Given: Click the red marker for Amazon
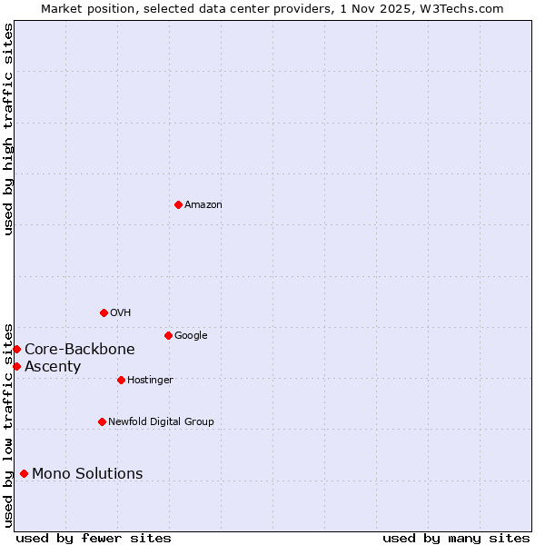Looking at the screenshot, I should click(x=178, y=204).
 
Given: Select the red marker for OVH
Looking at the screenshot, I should click(x=104, y=312).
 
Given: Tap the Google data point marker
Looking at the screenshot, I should click(x=168, y=335).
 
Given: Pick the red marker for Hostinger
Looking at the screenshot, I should click(x=121, y=380).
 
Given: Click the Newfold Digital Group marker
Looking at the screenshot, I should click(x=102, y=421).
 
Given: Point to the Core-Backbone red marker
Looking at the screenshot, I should click(x=16, y=349).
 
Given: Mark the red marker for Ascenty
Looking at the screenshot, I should click(x=16, y=366).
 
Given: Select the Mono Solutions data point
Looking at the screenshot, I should click(x=24, y=473).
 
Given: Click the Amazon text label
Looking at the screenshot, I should click(x=203, y=205).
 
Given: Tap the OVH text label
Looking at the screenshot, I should click(x=121, y=313).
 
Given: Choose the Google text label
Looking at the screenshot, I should click(x=191, y=336).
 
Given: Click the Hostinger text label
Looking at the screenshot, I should click(x=150, y=381).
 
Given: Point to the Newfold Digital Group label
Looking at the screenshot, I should click(x=161, y=422).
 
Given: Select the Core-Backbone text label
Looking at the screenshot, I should click(x=80, y=350).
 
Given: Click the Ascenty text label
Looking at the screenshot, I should click(x=53, y=367).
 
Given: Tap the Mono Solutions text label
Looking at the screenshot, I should click(x=87, y=474).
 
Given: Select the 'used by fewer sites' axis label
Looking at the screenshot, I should click(x=94, y=539).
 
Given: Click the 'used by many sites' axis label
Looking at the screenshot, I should click(x=456, y=539).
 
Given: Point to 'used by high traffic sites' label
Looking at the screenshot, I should click(x=8, y=129).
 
